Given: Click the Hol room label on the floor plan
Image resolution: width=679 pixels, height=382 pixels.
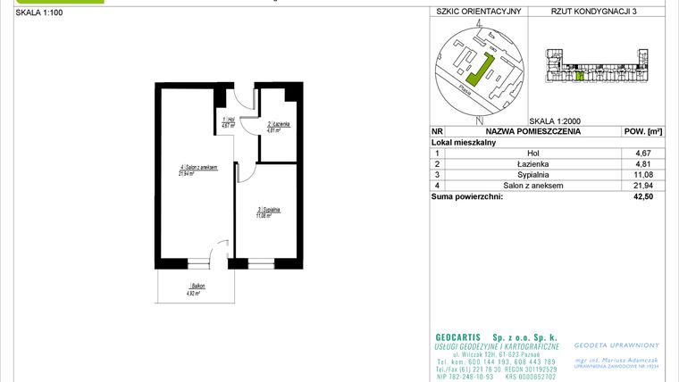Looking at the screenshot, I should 228,122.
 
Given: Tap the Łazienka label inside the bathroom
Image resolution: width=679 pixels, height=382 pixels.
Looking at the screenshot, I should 274,126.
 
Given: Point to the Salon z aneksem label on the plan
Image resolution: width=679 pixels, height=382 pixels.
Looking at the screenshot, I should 197,170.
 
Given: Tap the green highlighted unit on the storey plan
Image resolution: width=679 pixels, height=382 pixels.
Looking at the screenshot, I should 579,77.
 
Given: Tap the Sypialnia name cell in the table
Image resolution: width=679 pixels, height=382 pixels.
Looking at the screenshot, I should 532,175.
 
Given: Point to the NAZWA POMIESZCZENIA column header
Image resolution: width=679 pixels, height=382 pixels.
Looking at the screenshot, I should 532,131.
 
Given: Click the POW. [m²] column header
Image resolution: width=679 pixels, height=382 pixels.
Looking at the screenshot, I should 641,131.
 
